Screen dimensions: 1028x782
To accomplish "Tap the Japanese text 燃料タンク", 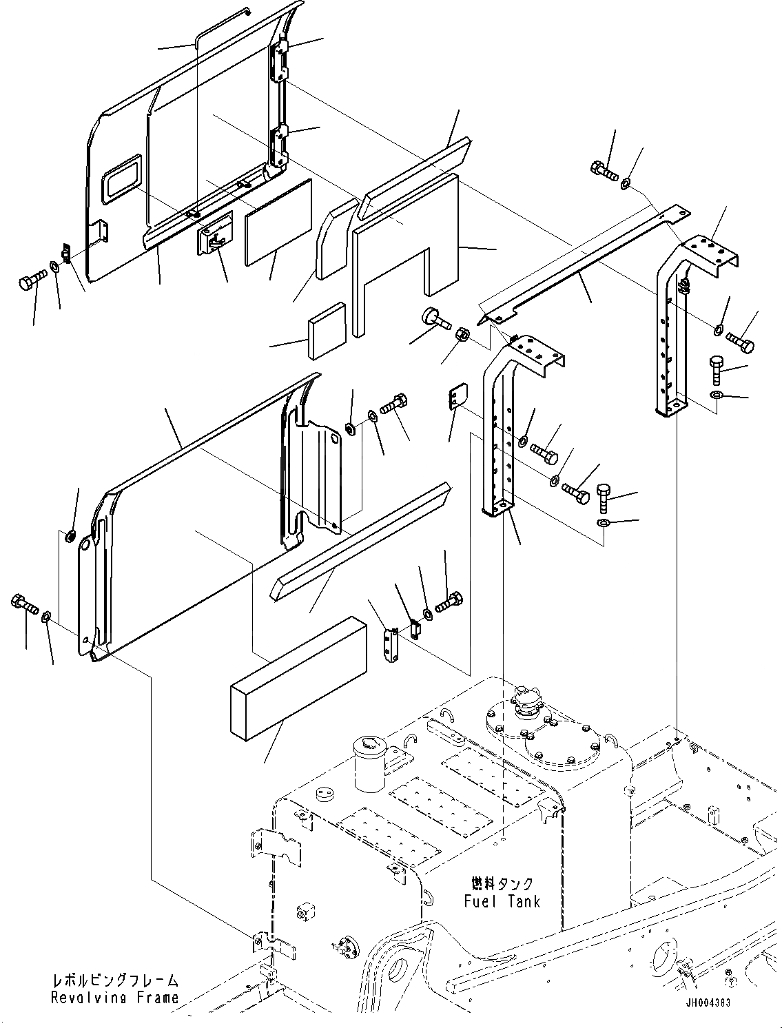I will (502, 884).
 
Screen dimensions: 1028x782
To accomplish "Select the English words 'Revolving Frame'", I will (114, 997).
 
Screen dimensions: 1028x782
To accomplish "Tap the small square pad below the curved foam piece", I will (327, 329).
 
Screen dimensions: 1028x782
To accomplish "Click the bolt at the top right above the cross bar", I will (602, 169).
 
